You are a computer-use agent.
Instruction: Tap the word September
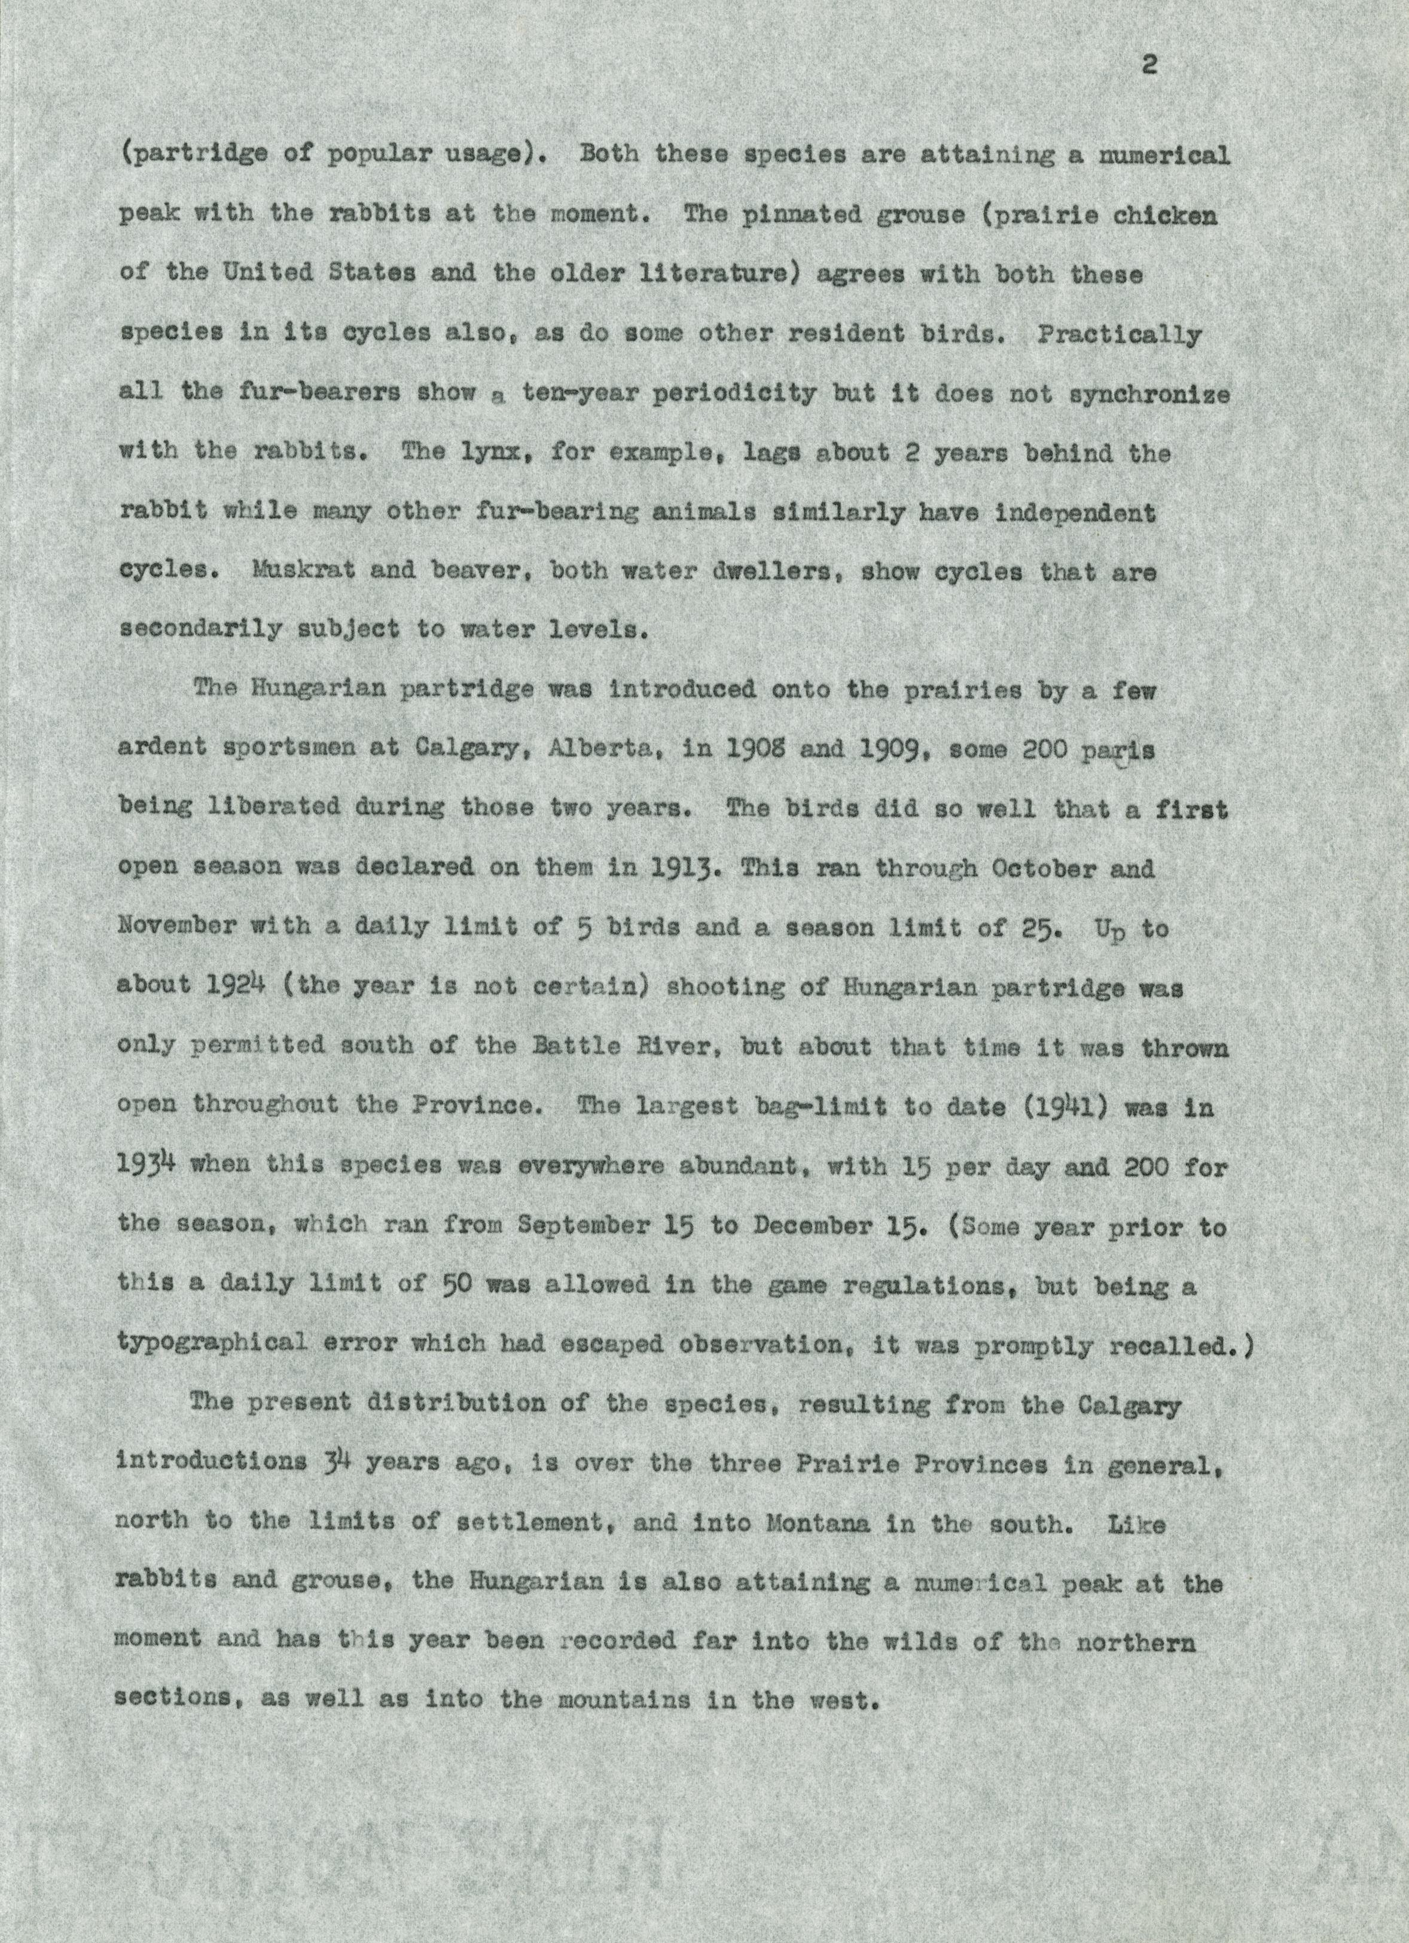pos(582,1226)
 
